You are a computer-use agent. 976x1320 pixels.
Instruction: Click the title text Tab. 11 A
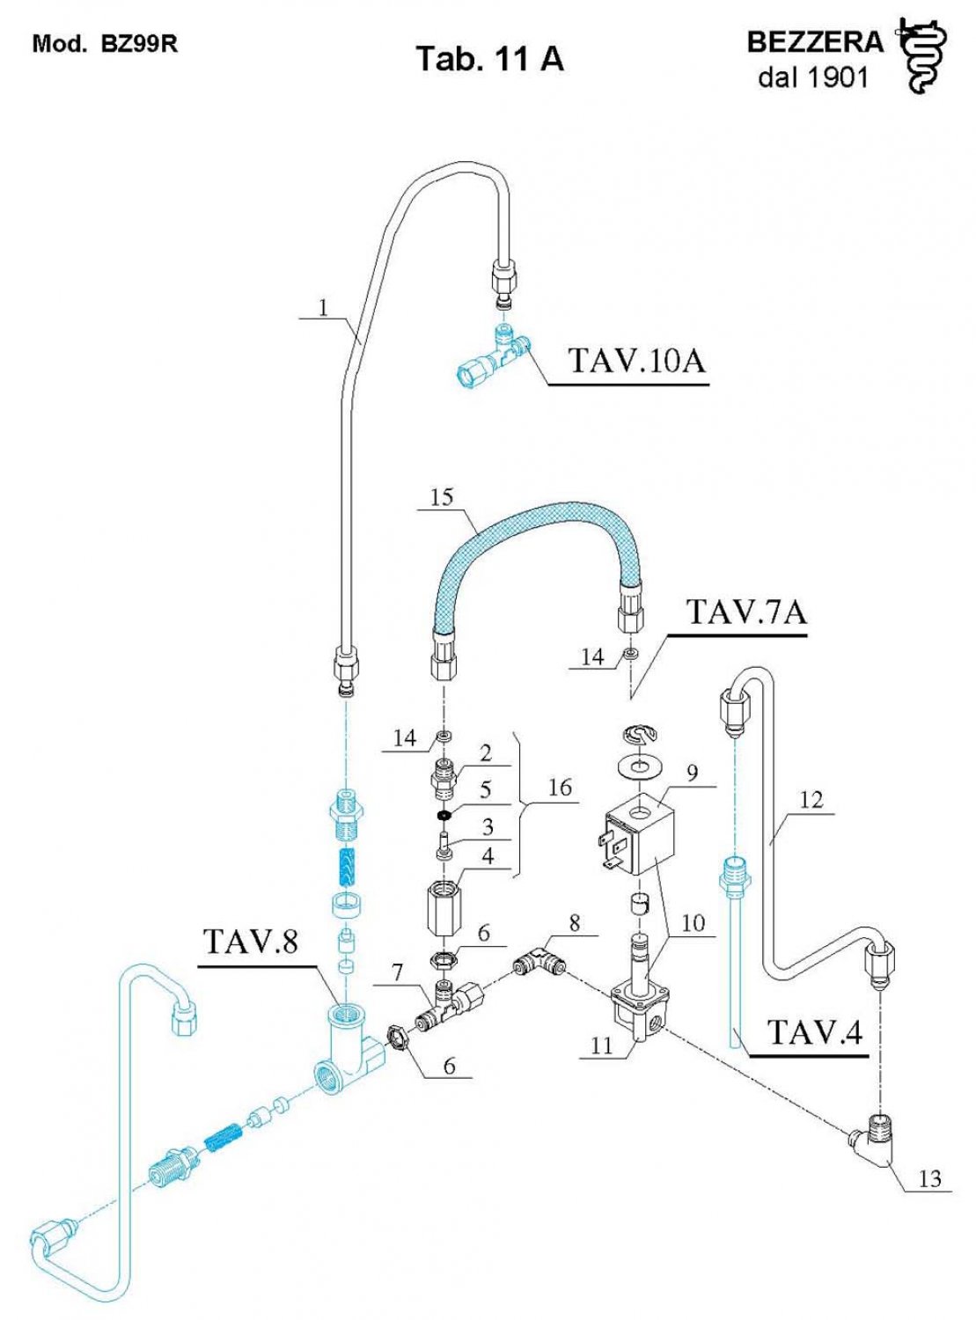click(488, 58)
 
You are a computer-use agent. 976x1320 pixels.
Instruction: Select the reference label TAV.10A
click(636, 360)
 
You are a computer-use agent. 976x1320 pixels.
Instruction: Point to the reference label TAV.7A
click(745, 612)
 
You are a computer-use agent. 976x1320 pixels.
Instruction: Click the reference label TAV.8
click(251, 942)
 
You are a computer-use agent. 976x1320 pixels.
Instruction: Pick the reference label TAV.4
click(815, 1032)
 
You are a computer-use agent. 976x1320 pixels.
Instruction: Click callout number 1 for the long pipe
click(323, 307)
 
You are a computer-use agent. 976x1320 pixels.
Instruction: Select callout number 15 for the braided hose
click(442, 497)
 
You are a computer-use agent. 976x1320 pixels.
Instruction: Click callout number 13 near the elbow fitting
click(929, 1178)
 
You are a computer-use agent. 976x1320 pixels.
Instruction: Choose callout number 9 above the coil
click(693, 773)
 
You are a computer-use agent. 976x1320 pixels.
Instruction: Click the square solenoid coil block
click(638, 840)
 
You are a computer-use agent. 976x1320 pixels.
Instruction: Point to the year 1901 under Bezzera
click(837, 77)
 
